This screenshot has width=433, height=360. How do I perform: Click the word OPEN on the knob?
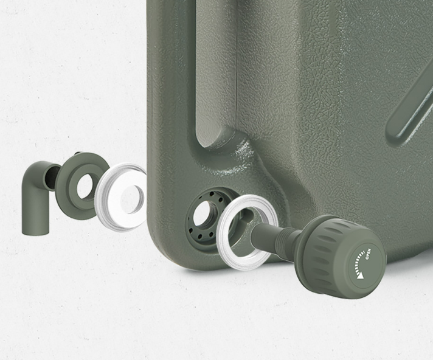(x=368, y=254)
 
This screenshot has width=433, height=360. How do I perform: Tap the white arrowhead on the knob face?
(x=360, y=275)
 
